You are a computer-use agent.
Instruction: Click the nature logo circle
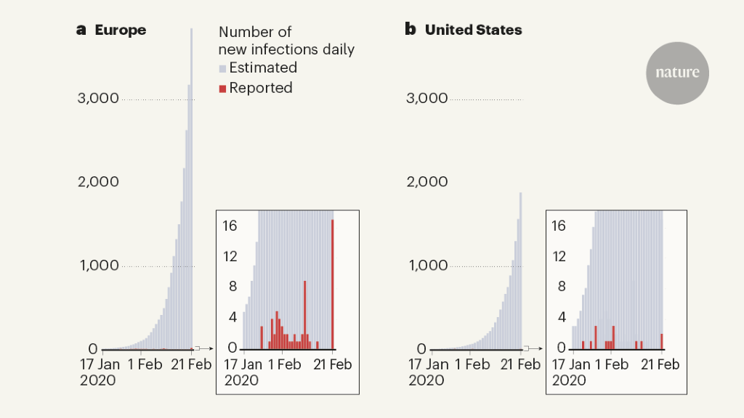[x=677, y=73]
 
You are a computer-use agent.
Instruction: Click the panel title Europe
[x=120, y=30]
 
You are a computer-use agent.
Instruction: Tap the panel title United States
[x=473, y=30]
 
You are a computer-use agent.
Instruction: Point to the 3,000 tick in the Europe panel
[x=98, y=98]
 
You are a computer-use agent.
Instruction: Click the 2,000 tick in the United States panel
[x=426, y=181]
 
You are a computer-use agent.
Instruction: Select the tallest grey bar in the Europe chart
[x=192, y=189]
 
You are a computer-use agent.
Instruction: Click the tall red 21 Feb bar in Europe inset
[x=333, y=284]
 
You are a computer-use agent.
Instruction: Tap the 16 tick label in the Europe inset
[x=230, y=226]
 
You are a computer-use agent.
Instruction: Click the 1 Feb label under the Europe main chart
[x=145, y=364]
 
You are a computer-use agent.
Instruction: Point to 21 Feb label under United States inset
[x=659, y=364]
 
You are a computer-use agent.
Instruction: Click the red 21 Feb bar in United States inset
[x=662, y=341]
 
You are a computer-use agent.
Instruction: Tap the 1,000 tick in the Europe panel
[x=98, y=266]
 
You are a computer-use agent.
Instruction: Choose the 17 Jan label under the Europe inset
[x=243, y=364]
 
